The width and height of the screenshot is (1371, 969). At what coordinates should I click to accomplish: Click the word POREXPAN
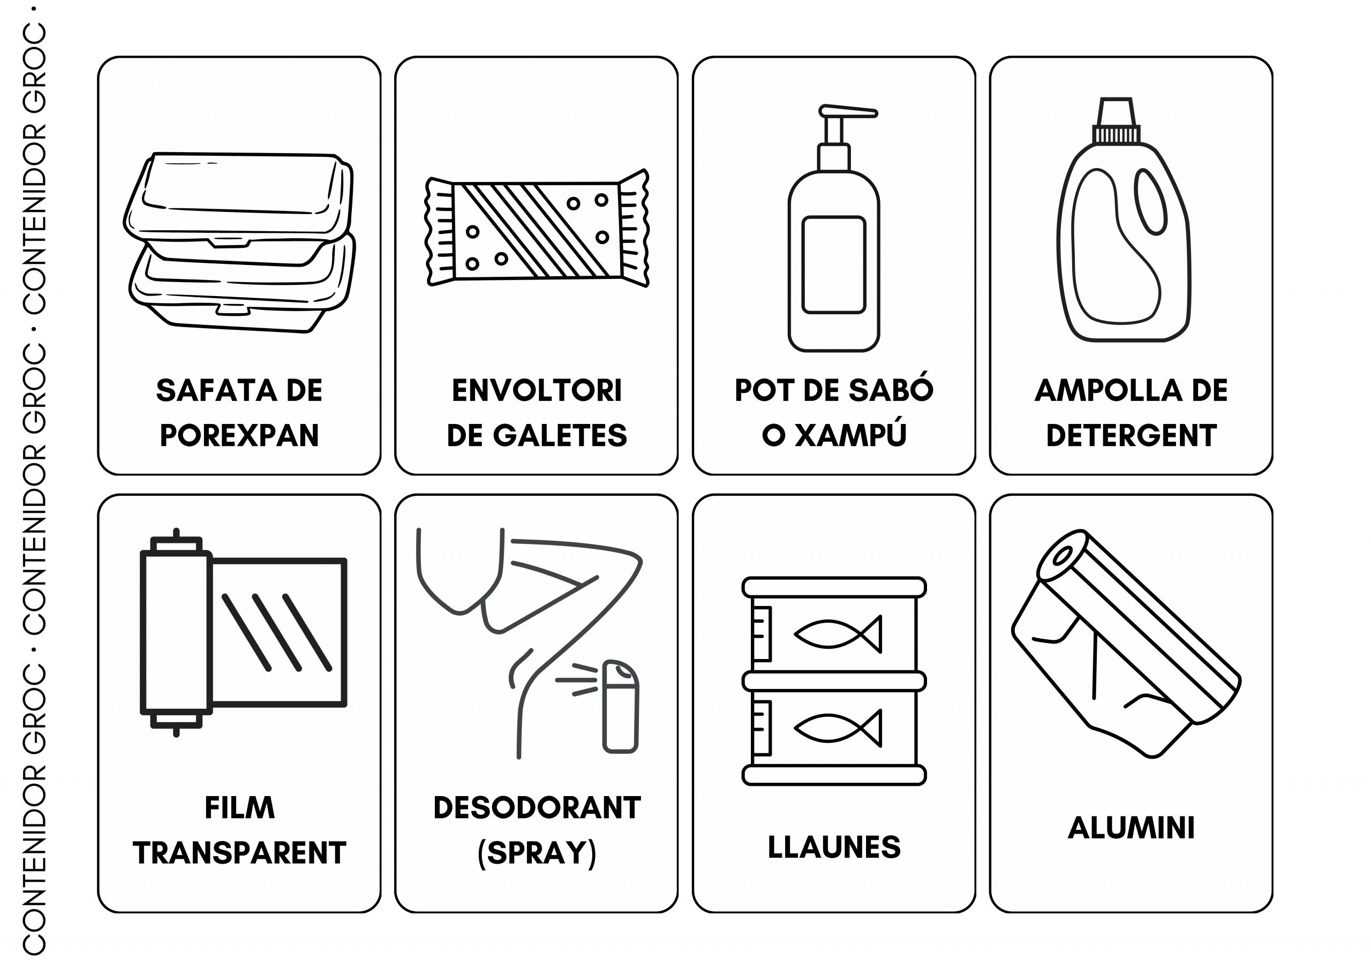[239, 435]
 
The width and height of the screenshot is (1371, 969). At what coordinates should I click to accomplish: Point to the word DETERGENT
[1131, 435]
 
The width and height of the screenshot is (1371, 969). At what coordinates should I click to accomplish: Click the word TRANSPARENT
[239, 853]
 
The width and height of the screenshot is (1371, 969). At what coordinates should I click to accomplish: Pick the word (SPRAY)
[536, 853]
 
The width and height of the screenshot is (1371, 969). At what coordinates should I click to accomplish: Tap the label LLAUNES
[834, 847]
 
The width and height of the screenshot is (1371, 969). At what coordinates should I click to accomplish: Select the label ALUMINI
[1131, 828]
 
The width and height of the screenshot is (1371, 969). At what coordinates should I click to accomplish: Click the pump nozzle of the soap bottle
[848, 111]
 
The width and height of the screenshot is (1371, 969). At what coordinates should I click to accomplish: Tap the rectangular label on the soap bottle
[834, 264]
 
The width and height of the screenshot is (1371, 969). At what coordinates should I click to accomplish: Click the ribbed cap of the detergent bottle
[1116, 134]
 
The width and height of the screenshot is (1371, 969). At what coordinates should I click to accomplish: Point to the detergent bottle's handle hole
[1151, 202]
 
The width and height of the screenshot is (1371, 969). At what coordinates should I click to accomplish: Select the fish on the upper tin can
[837, 633]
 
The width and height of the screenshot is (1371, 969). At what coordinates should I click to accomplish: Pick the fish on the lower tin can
[837, 728]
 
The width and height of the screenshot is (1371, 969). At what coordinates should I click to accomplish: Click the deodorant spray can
[620, 706]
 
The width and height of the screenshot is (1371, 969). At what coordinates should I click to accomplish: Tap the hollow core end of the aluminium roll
[1061, 556]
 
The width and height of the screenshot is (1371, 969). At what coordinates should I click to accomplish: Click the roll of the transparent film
[176, 632]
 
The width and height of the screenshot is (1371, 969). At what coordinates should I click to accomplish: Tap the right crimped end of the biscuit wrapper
[634, 228]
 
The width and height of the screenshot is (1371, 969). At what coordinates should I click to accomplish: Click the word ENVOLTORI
[536, 390]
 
